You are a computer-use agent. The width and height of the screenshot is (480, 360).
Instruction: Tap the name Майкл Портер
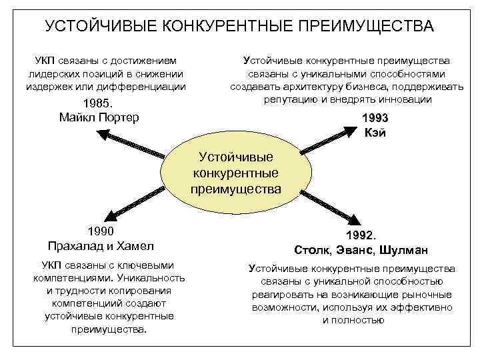(x=99, y=117)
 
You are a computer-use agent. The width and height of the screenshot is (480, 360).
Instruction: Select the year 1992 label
(x=361, y=236)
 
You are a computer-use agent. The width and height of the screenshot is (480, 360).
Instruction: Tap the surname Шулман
(x=406, y=250)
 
